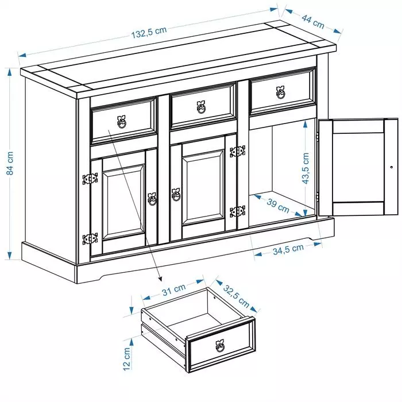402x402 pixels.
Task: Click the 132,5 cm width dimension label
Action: click(x=149, y=32)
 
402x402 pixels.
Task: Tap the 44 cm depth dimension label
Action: click(x=313, y=22)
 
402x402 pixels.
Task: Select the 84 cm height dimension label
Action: click(x=10, y=163)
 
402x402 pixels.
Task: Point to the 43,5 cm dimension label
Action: click(x=306, y=168)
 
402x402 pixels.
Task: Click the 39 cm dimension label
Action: click(x=278, y=206)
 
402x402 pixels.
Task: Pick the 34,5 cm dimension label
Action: click(x=288, y=249)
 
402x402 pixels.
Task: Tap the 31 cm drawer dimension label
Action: click(x=173, y=289)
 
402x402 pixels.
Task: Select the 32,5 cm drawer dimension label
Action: click(x=237, y=296)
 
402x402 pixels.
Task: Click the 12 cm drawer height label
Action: click(x=127, y=359)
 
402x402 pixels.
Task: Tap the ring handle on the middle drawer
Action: click(x=201, y=107)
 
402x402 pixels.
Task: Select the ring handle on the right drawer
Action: click(x=281, y=92)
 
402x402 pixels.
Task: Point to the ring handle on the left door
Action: click(x=152, y=199)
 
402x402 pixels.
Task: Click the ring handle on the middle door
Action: click(x=176, y=195)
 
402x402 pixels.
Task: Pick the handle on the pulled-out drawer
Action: click(x=220, y=346)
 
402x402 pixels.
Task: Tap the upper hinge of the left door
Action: click(x=90, y=179)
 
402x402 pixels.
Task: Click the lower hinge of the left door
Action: click(x=90, y=239)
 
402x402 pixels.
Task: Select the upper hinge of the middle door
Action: click(x=238, y=151)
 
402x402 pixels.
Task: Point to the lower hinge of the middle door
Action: click(x=238, y=211)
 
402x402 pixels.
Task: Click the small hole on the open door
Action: click(x=392, y=167)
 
